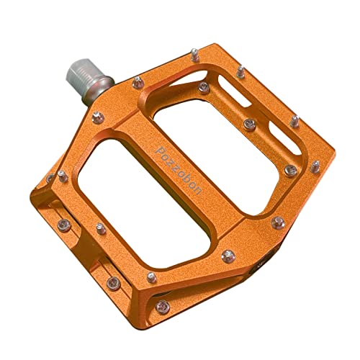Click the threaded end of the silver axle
click(81, 71)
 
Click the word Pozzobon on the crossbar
click(179, 171)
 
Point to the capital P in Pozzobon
click(160, 150)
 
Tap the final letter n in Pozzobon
click(198, 191)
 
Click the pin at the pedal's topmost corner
click(195, 55)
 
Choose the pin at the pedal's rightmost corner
click(315, 166)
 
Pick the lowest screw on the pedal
click(163, 307)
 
